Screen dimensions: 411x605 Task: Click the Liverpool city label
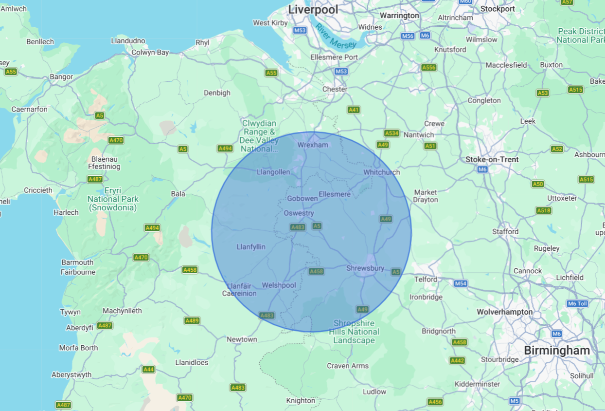tap(313, 9)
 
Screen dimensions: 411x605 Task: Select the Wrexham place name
tap(313, 145)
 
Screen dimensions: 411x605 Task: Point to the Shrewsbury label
tap(365, 268)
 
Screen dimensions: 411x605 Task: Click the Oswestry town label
tap(299, 213)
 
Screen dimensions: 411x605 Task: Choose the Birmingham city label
tap(557, 350)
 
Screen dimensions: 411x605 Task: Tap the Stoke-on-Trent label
tap(492, 159)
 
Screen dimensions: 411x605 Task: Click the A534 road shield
tap(391, 133)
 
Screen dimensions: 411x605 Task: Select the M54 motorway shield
tap(461, 283)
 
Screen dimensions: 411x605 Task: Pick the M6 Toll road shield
tap(577, 303)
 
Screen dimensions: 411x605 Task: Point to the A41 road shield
tap(354, 110)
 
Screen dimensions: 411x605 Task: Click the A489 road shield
tap(192, 320)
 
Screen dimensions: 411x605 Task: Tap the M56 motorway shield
tap(408, 36)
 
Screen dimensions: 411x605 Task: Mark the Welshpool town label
tap(279, 285)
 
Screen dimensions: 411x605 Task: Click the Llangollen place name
tap(273, 172)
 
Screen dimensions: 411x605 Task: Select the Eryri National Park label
tap(113, 199)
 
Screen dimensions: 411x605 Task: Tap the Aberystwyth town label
tap(71, 375)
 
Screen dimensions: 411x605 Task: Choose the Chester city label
tap(335, 89)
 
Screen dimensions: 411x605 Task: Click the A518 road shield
tap(544, 210)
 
